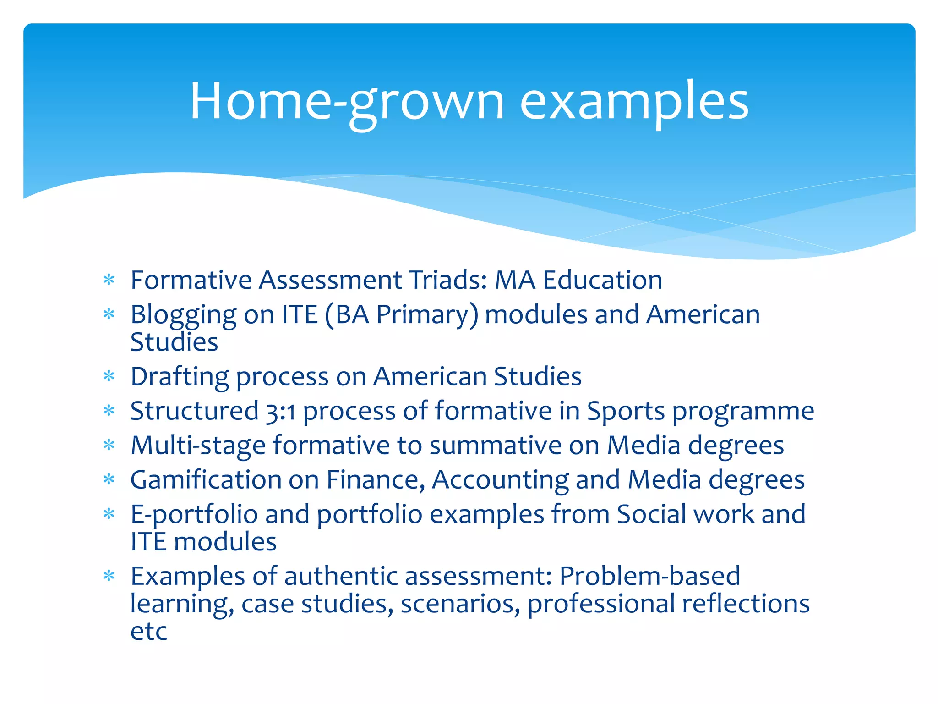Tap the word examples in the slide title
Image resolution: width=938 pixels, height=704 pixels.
pos(634,102)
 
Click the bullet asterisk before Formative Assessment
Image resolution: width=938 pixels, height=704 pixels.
pos(109,280)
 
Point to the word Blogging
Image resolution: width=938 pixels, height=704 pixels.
pos(183,315)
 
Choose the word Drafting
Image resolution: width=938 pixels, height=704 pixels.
pos(179,377)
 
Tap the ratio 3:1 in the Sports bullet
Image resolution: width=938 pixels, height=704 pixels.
pos(280,411)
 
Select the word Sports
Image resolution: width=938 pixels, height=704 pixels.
pos(626,411)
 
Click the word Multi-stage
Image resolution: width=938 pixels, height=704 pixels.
pos(198,445)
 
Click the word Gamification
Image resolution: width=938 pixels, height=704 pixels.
pos(206,480)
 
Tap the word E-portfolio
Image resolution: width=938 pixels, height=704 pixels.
pos(194,514)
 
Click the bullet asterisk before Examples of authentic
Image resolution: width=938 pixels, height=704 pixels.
pos(109,576)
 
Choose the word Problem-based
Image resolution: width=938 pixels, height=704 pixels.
pos(649,576)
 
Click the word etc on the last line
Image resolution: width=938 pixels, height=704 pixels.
pos(148,632)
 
